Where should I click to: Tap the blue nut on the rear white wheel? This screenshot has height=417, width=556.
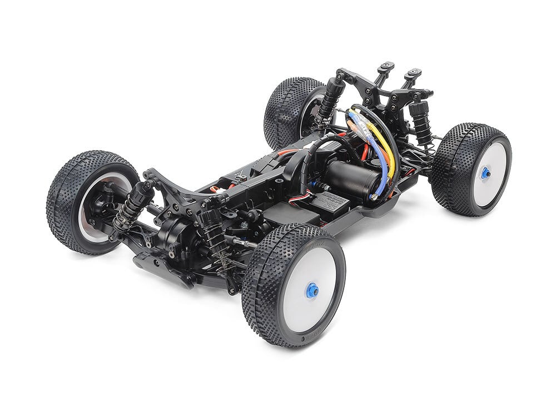tap(485, 173)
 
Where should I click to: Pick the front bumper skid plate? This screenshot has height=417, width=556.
tap(161, 270)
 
